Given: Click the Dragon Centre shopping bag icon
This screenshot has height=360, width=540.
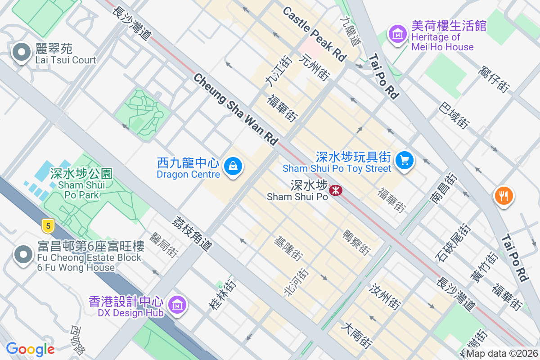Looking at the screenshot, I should (233, 166).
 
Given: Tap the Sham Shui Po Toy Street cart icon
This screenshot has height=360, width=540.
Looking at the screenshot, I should (404, 160).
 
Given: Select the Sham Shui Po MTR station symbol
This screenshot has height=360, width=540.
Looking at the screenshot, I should (335, 190).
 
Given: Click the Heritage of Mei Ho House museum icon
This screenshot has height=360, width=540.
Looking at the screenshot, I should (398, 34).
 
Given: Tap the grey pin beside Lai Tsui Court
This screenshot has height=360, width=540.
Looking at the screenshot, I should (21, 52).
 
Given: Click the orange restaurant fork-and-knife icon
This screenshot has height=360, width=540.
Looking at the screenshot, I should (504, 196).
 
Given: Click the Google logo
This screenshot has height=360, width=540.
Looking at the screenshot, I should (30, 349).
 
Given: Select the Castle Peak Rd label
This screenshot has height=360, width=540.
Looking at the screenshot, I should (315, 34).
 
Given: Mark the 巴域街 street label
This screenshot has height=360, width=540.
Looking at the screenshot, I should (454, 116).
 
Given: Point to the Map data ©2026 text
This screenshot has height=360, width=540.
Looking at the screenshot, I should (502, 354).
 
